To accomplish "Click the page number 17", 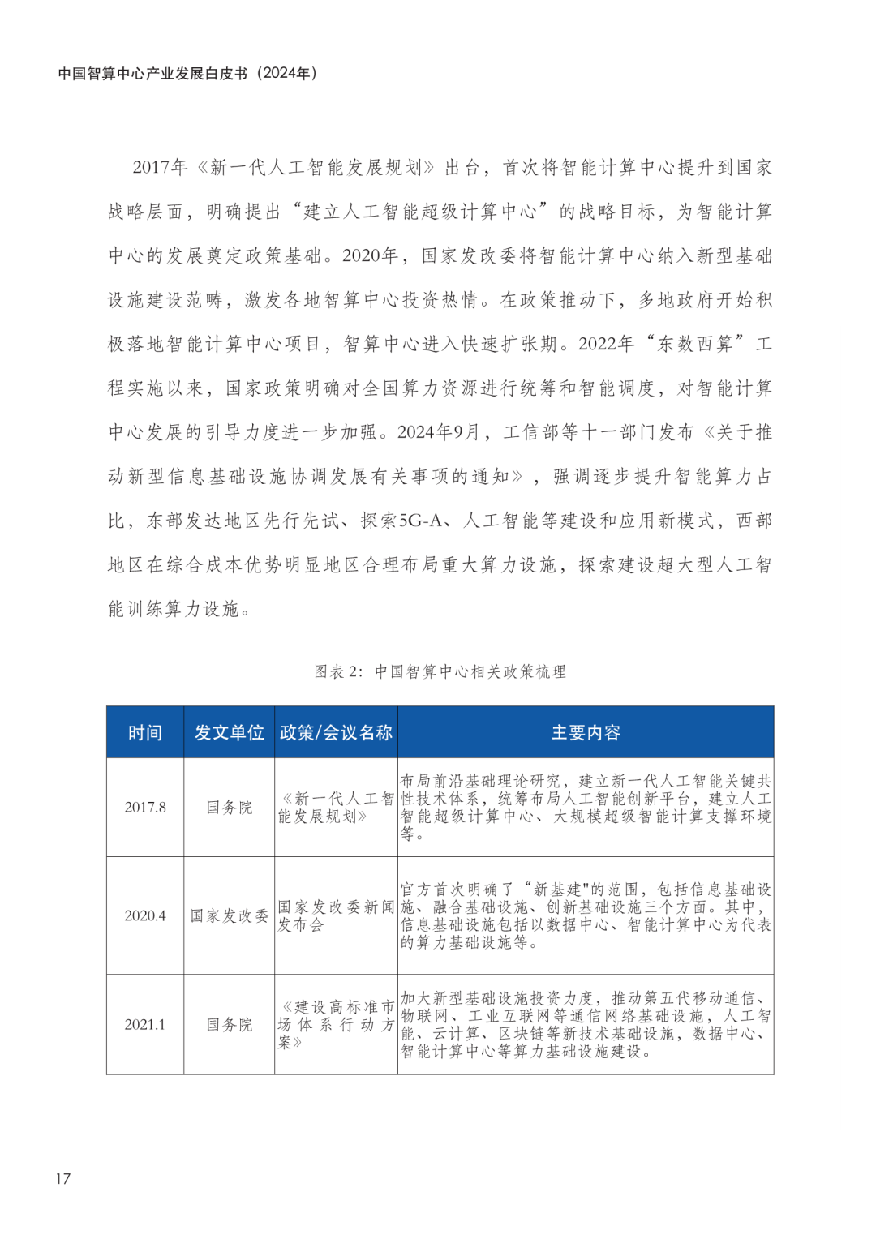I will tap(63, 1178).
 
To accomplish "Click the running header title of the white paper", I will tap(187, 73).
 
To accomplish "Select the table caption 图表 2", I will tap(440, 671).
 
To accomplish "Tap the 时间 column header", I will tap(145, 732).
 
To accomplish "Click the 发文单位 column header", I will tap(229, 732).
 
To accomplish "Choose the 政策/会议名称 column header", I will tap(336, 732).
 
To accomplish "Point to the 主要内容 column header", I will tap(586, 732).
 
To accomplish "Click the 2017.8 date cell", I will tap(145, 807).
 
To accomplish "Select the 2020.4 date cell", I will tap(145, 915).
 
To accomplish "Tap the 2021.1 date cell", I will tap(145, 1024).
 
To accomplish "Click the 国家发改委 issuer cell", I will tap(229, 915).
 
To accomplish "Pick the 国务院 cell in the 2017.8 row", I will tap(229, 807).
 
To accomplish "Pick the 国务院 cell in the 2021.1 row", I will tap(229, 1024).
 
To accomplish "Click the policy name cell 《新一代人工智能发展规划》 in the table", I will tap(336, 808).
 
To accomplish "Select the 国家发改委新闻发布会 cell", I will tap(336, 915).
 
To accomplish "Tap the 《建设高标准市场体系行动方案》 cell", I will tap(336, 1024).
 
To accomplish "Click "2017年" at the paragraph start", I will tap(160, 167).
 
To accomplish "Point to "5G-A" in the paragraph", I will tap(423, 521).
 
